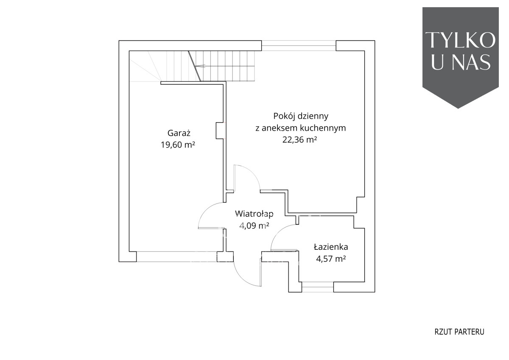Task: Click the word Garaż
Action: [179, 133]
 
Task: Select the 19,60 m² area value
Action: [178, 145]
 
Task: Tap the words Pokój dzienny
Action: [301, 116]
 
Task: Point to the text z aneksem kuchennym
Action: [301, 128]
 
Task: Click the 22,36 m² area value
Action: [299, 140]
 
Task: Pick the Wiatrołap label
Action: [254, 214]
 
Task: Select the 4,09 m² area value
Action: [254, 226]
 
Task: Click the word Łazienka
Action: [331, 247]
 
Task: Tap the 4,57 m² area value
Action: [331, 259]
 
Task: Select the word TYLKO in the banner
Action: [460, 40]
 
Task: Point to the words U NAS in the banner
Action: [460, 61]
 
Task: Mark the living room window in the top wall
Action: [299, 45]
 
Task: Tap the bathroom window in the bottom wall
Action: [318, 287]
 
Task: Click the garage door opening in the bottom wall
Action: [177, 257]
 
